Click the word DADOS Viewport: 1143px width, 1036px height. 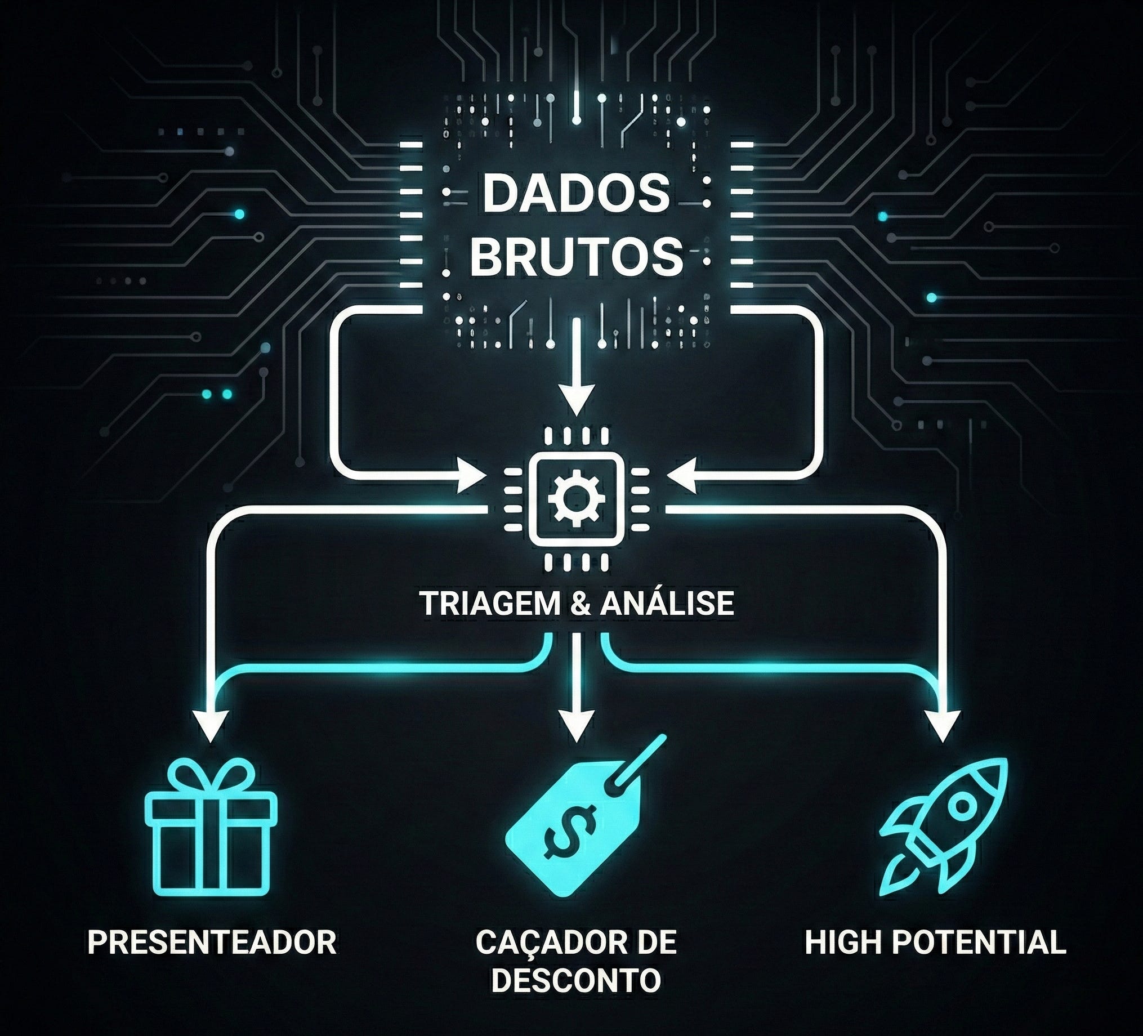click(x=576, y=193)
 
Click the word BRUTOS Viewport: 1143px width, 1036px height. click(x=576, y=256)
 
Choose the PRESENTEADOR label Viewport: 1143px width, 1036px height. click(x=212, y=943)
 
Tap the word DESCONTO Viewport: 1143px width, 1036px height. click(x=576, y=981)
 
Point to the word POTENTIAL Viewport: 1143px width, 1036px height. click(x=979, y=943)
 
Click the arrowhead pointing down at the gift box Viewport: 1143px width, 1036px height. click(x=211, y=726)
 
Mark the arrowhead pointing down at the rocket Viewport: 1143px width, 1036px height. click(x=943, y=726)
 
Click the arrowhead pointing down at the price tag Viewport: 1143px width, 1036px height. click(x=576, y=726)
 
